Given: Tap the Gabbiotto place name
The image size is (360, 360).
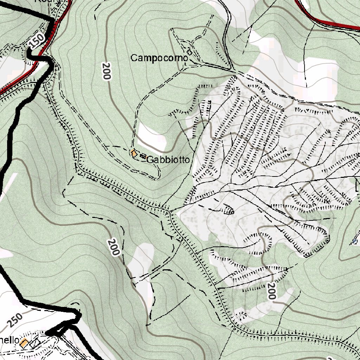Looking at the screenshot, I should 168,160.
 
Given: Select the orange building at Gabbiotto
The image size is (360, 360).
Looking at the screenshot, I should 134,153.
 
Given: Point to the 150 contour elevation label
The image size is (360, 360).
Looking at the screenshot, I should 37,41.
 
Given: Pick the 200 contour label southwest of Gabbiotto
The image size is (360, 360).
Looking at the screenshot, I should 114,247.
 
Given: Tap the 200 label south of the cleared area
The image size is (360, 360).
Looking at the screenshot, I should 271,291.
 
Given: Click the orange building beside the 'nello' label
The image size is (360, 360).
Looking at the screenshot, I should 24,343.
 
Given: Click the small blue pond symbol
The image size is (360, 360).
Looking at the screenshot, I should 355,242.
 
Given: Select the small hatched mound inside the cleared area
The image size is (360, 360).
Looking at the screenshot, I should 229,210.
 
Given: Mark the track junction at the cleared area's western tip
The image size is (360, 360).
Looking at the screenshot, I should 170,212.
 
